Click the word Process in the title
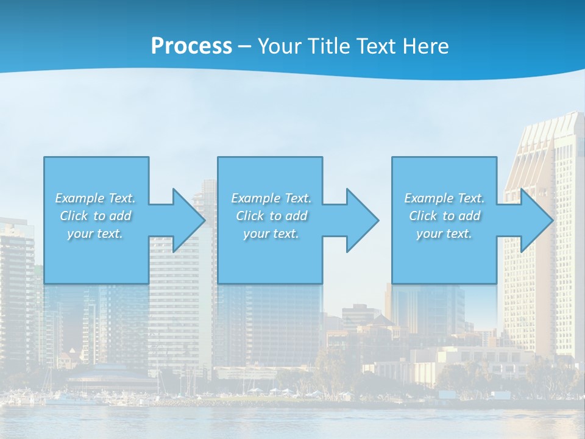191,46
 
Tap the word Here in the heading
426,46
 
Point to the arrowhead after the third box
536,220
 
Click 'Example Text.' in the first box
96,198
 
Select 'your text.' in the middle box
271,234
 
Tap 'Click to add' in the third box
445,216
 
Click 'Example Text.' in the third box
444,198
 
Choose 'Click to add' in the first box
96,216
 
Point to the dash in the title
244,46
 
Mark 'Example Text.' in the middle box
271,198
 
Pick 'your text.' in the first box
95,234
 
